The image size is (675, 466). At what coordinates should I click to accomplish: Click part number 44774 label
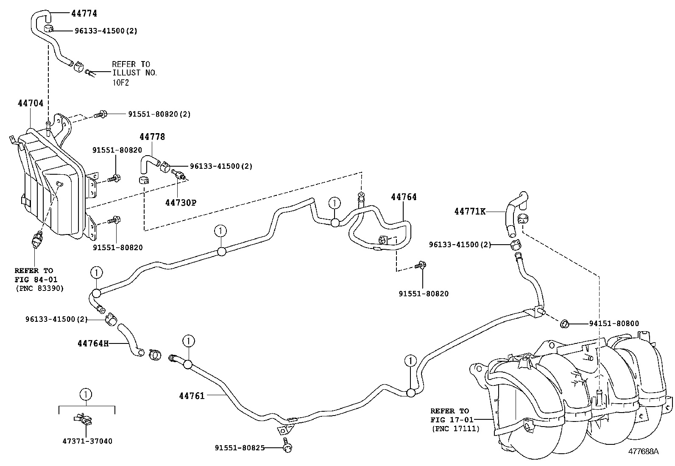point(84,14)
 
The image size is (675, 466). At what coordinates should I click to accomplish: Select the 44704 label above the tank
point(31,103)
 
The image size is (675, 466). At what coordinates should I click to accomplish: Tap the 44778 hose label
point(152,137)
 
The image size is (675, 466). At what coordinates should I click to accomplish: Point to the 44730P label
point(181,203)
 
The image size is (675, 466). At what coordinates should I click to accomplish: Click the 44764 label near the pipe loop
point(404,197)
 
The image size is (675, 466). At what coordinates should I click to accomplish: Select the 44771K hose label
point(470,211)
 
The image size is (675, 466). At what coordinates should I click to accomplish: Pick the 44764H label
point(90,343)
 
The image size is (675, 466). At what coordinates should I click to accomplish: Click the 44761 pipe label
point(192,396)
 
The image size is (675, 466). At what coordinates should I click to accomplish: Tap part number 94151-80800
point(614,324)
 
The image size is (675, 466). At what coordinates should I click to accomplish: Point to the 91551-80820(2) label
point(159,114)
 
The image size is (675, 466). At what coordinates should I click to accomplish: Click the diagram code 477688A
point(643,451)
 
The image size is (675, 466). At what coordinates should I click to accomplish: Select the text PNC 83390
point(39,288)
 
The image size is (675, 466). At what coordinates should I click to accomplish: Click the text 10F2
point(120,82)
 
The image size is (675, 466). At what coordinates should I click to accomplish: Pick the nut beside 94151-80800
point(564,324)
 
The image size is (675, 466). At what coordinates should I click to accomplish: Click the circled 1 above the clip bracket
point(86,394)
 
